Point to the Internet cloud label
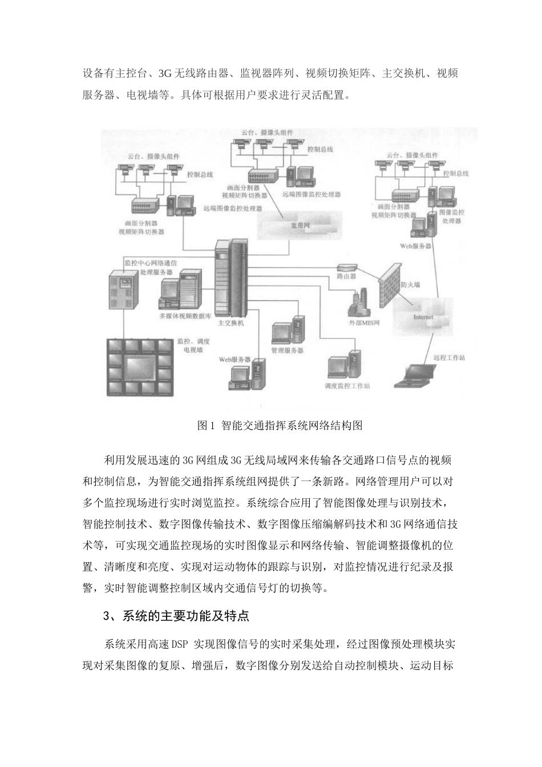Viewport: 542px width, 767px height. [x=423, y=317]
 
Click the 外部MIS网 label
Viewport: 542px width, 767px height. [x=364, y=322]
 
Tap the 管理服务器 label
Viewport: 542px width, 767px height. [x=287, y=350]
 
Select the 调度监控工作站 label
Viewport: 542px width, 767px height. [x=347, y=386]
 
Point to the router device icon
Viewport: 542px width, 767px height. [x=346, y=267]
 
